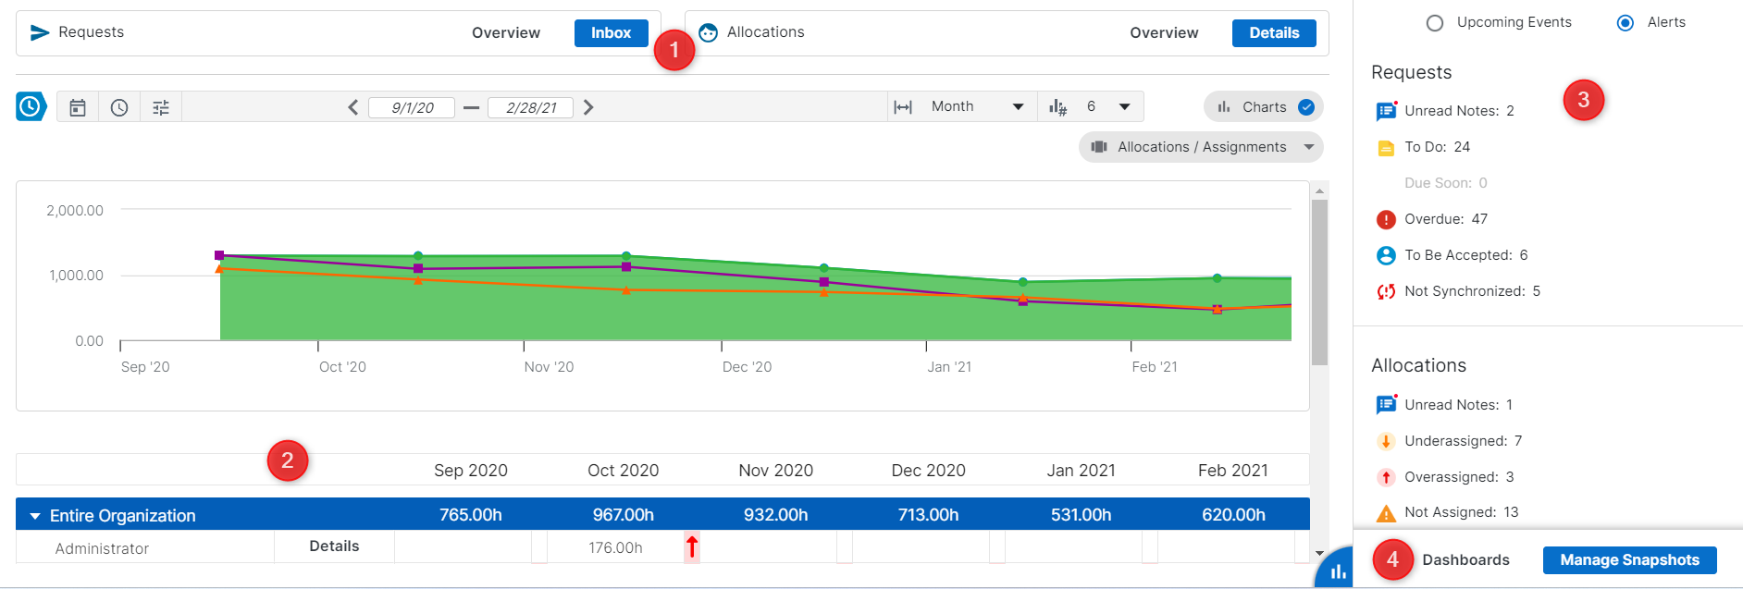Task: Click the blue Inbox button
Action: pyautogui.click(x=611, y=33)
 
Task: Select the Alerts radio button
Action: pyautogui.click(x=1626, y=23)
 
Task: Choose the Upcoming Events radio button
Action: pyautogui.click(x=1435, y=23)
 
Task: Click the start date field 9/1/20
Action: pyautogui.click(x=412, y=108)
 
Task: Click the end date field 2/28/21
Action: pyautogui.click(x=530, y=108)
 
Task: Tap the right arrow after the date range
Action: pyautogui.click(x=588, y=107)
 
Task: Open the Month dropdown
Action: pyautogui.click(x=976, y=107)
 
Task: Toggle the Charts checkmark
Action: pyautogui.click(x=1306, y=107)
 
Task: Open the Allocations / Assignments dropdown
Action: pyautogui.click(x=1201, y=147)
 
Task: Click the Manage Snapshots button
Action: pyautogui.click(x=1629, y=560)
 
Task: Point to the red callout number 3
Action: pyautogui.click(x=1583, y=100)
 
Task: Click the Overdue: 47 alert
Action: pyautogui.click(x=1445, y=219)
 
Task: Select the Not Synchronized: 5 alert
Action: pyautogui.click(x=1471, y=291)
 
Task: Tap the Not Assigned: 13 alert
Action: pyautogui.click(x=1461, y=512)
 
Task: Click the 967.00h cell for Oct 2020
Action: pyautogui.click(x=623, y=515)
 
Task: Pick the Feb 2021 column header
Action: pyautogui.click(x=1232, y=471)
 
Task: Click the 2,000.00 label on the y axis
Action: pyautogui.click(x=75, y=211)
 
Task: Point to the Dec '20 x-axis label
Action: pyautogui.click(x=747, y=367)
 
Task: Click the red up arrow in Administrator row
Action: pyautogui.click(x=692, y=547)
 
